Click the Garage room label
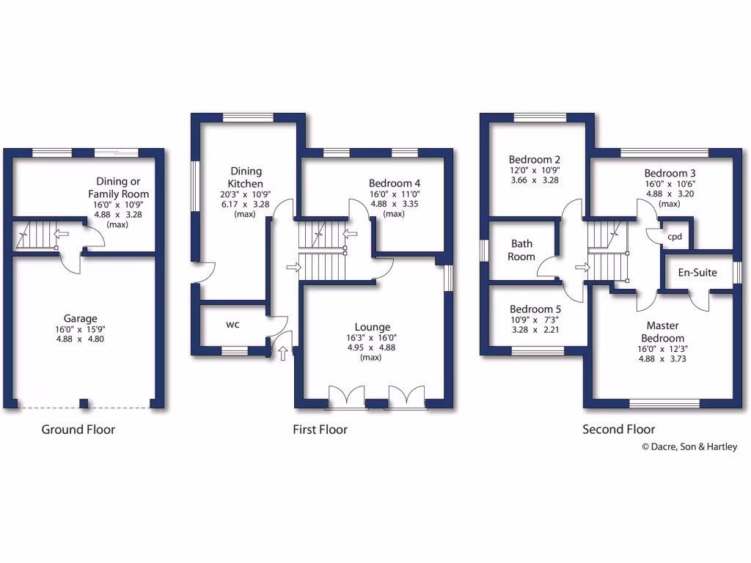[x=80, y=319]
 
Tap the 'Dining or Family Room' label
[x=123, y=188]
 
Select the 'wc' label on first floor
[x=232, y=323]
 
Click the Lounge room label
[x=373, y=327]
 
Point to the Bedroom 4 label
[x=395, y=183]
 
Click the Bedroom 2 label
[x=535, y=160]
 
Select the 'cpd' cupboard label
[x=675, y=237]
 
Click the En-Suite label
[x=697, y=273]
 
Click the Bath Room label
[x=521, y=250]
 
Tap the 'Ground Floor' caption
[x=78, y=430]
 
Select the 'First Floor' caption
[x=320, y=430]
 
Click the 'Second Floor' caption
[x=618, y=430]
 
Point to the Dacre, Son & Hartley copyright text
[x=689, y=446]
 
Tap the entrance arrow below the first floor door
[x=283, y=355]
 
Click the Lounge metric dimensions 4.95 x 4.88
[x=373, y=347]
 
